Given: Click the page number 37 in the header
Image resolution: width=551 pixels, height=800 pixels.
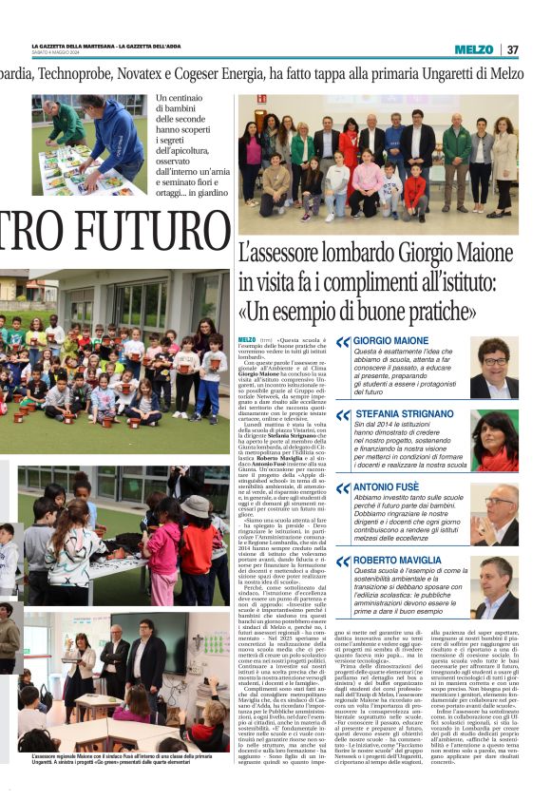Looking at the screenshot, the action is (x=512, y=49).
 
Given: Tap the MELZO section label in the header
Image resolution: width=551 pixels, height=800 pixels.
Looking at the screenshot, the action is (x=474, y=49).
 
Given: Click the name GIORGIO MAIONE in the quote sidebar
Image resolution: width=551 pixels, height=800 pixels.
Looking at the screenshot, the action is (x=390, y=340).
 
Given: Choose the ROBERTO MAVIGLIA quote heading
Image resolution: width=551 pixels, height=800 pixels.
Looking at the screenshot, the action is (x=398, y=561).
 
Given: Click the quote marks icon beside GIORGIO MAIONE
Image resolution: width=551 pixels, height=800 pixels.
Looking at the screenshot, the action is (x=342, y=341).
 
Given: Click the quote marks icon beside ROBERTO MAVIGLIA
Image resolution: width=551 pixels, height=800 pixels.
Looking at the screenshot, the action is (x=342, y=562).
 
